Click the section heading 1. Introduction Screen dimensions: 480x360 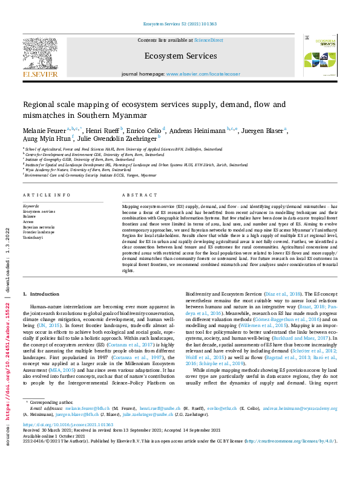pyautogui.click(x=42, y=294)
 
